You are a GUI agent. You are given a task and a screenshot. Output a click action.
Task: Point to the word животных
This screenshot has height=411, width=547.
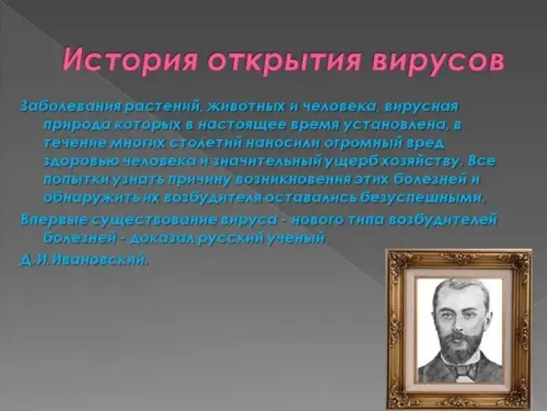(x=247, y=106)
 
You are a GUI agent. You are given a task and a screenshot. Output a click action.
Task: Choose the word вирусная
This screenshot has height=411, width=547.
(x=421, y=106)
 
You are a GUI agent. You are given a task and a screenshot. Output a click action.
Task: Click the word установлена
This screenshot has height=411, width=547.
(x=397, y=125)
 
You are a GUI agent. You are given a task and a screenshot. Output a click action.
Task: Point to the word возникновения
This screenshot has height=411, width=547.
(x=294, y=180)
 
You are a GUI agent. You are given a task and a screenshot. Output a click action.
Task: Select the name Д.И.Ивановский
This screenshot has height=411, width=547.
(x=83, y=260)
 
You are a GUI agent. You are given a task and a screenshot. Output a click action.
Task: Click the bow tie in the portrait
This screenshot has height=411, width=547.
(x=460, y=371)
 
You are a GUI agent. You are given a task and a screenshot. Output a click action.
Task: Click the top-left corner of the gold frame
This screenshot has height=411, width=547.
(x=386, y=250)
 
